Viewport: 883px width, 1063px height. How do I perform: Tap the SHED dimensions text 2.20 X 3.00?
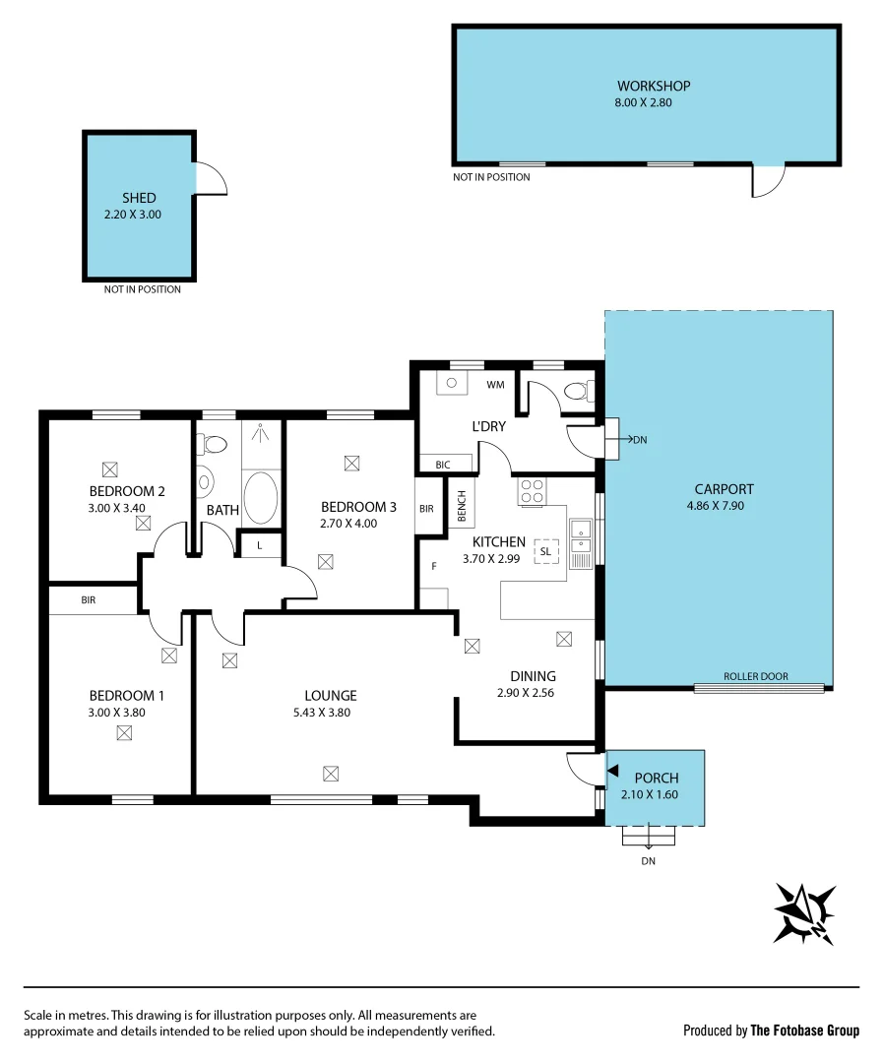(132, 214)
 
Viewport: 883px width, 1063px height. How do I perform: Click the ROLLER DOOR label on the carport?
(755, 676)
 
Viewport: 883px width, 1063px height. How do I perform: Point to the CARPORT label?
(724, 489)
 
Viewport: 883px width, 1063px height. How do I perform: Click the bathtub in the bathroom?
(261, 498)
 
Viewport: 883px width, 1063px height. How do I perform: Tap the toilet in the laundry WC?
(575, 392)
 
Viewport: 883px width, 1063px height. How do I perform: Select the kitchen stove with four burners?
(533, 490)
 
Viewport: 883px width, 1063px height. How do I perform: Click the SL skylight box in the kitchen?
(545, 552)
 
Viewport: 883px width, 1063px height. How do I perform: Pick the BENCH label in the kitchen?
(461, 507)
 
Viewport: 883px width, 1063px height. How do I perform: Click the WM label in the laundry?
(495, 385)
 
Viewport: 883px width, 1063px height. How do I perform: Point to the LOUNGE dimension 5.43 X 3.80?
(330, 712)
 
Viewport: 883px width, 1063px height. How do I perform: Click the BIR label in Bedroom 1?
(89, 598)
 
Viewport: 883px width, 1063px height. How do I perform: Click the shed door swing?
(211, 178)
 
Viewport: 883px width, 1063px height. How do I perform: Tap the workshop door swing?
(768, 180)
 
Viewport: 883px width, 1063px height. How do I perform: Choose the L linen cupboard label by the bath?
(260, 544)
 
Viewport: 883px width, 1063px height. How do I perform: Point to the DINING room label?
(533, 676)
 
